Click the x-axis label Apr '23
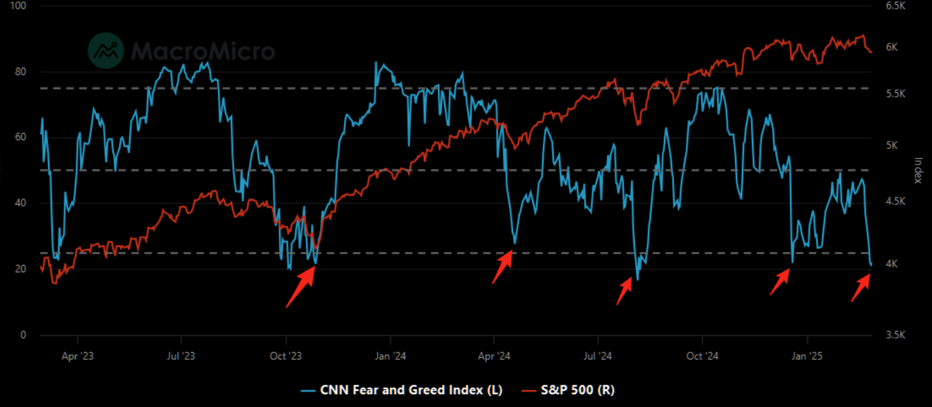78,355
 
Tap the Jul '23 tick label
181,355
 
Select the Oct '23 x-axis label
286,355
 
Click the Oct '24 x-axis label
702,355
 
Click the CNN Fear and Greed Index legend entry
402,389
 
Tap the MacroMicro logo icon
106,51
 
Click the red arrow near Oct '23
301,285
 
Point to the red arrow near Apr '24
502,266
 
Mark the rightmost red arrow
861,286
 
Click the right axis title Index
918,170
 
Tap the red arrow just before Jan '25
780,281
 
